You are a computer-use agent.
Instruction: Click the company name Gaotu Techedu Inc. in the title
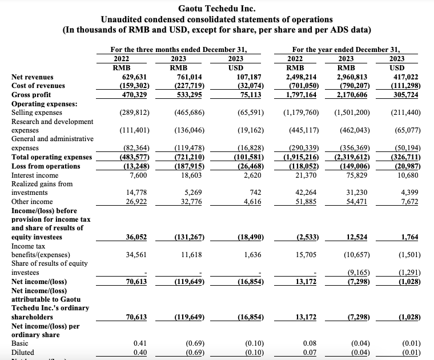tap(216, 9)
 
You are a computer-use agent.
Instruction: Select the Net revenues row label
tap(32, 77)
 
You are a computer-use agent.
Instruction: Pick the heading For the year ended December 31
tap(345, 49)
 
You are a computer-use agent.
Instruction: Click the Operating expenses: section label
tap(45, 103)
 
